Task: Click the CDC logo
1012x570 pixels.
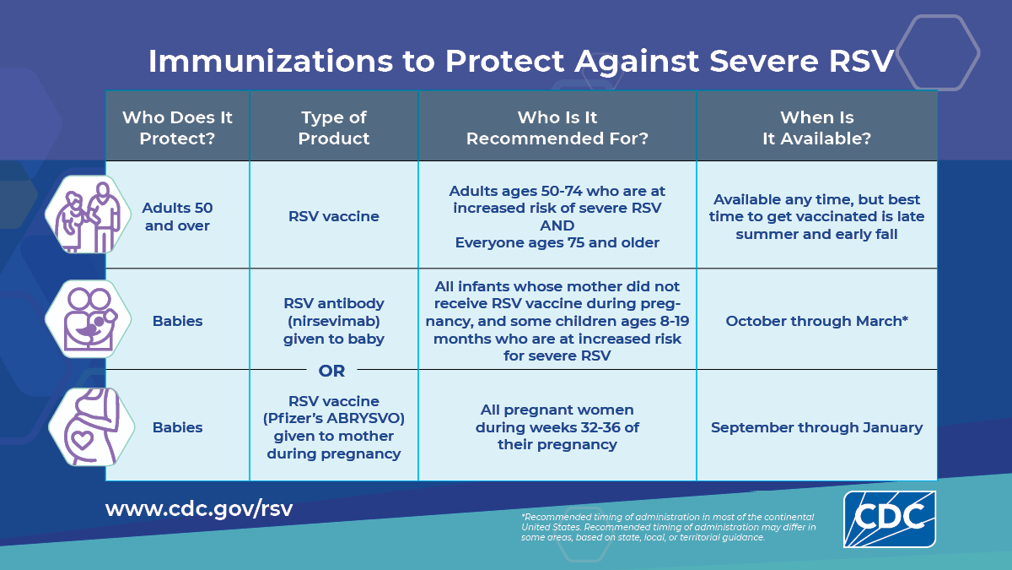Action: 889,518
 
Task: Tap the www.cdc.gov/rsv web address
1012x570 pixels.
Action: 199,509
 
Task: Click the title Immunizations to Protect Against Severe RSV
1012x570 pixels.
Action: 520,62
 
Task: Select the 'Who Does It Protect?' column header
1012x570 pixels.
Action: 177,128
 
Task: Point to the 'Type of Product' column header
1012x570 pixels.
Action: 334,128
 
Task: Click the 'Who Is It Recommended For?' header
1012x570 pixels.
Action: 557,128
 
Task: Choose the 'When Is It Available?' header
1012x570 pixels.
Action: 816,128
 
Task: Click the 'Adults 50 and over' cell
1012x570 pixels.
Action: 177,216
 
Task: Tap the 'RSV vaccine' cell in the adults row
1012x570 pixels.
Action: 334,216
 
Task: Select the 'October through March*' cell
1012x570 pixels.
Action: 816,322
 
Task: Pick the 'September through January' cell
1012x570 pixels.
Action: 816,427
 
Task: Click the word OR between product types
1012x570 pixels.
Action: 332,371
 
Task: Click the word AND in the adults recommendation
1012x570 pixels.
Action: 557,225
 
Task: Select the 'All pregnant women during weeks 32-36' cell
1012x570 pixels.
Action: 557,427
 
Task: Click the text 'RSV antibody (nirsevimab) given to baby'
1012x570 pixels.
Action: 334,321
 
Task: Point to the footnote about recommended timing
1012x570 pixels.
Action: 668,527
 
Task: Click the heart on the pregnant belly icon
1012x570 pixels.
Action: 81,440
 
